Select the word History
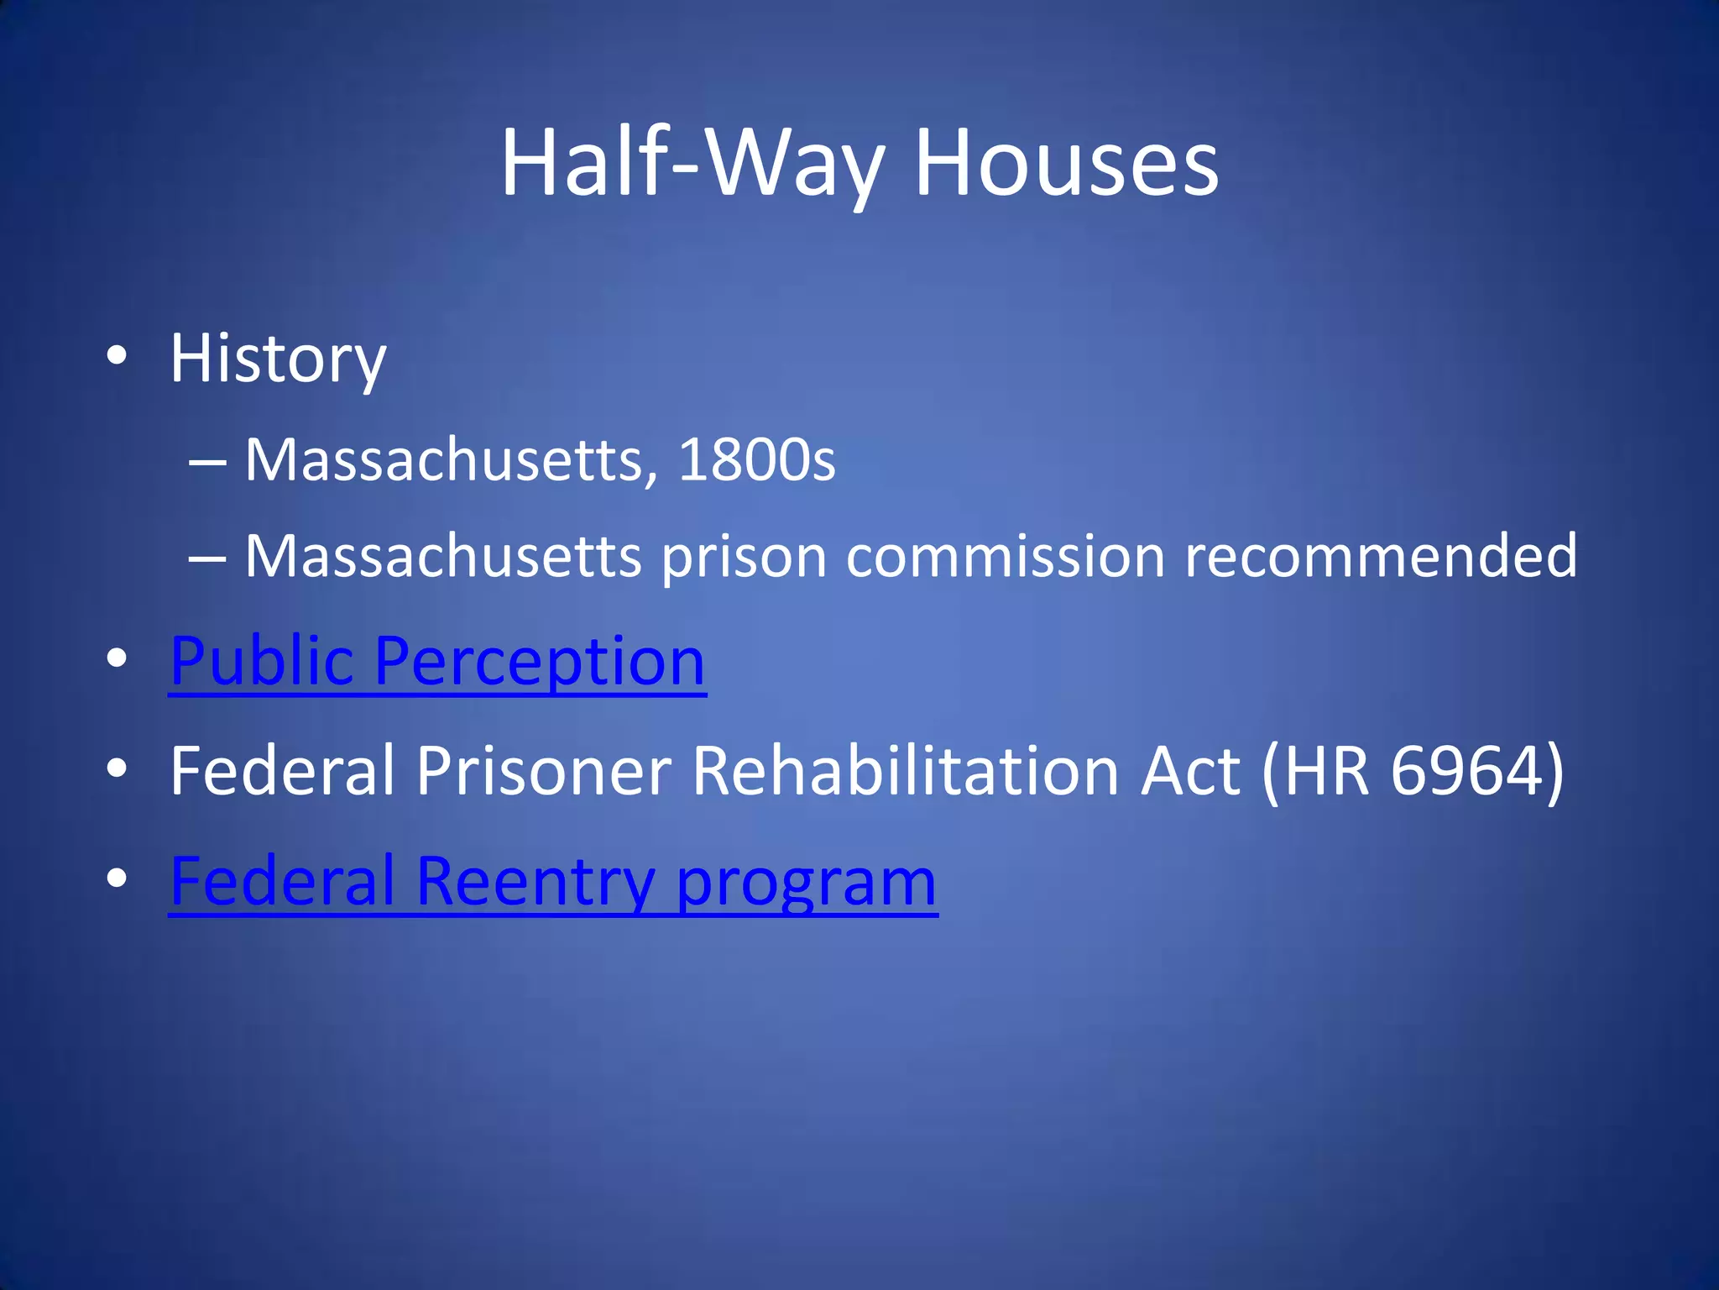(x=278, y=359)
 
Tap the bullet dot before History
(x=118, y=356)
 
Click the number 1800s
(x=756, y=460)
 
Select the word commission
(x=1006, y=556)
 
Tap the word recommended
(x=1381, y=556)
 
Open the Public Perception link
(x=437, y=661)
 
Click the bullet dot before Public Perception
(x=118, y=658)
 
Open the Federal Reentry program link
(x=553, y=882)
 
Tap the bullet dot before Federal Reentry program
(x=118, y=878)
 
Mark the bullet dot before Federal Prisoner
(x=118, y=768)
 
